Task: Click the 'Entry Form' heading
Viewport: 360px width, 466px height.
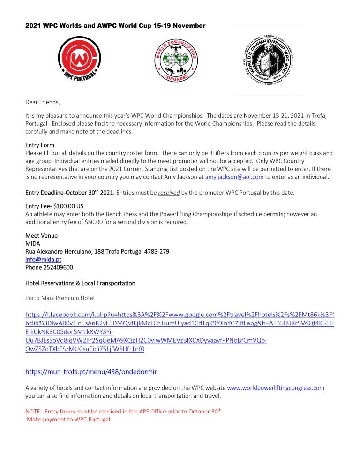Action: click(x=40, y=145)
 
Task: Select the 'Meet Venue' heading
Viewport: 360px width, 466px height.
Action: click(x=41, y=236)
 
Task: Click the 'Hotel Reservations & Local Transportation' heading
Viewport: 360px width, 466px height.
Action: click(x=80, y=283)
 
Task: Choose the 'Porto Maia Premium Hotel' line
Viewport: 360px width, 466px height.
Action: click(x=60, y=298)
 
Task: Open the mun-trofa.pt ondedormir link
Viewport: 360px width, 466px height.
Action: click(x=91, y=372)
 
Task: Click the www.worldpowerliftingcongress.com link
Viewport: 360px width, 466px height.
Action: click(x=276, y=388)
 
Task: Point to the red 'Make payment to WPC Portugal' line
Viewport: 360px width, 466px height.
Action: click(x=68, y=419)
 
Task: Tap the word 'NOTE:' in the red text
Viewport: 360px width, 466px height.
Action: click(x=33, y=411)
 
